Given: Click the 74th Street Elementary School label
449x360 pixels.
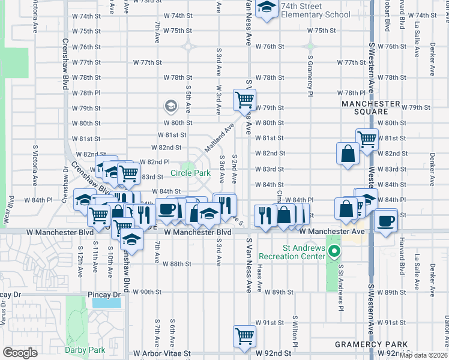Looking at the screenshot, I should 316,10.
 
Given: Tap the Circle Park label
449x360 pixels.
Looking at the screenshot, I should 190,173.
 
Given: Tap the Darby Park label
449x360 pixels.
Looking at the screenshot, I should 84,350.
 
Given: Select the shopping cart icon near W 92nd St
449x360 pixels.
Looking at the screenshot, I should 245,336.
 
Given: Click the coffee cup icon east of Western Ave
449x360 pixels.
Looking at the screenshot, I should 385,220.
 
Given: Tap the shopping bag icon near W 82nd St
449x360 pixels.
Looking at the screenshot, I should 348,154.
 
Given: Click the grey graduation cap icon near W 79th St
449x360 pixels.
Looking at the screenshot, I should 170,106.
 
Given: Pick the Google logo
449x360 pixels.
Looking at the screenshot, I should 20,352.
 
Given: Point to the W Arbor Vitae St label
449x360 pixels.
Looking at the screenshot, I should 161,354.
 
